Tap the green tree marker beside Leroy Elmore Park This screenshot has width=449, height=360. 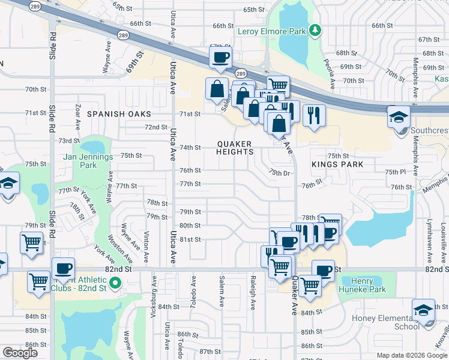(314, 31)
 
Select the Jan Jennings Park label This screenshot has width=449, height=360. (88, 160)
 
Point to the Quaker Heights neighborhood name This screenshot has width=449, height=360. (235, 148)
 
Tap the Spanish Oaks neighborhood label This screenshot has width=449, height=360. (118, 113)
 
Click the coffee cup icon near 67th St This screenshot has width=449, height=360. (220, 57)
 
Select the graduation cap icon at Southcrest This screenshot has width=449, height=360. (398, 117)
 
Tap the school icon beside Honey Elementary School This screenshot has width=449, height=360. (424, 310)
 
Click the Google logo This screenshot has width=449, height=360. (20, 353)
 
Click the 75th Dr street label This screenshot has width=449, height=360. (279, 172)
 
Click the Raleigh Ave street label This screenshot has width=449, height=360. (253, 292)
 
